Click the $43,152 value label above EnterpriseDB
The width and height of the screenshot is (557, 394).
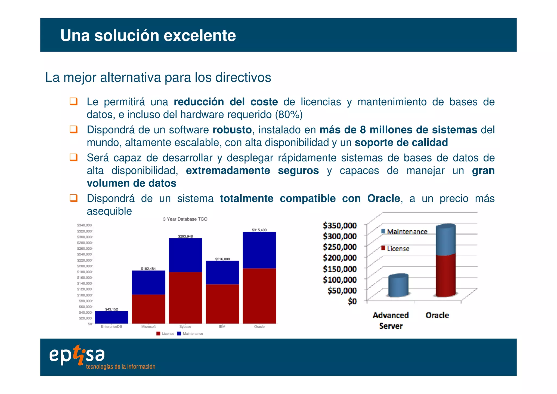[x=112, y=309]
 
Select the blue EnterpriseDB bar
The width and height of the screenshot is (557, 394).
[x=112, y=317]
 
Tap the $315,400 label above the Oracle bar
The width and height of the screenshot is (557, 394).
[x=259, y=230]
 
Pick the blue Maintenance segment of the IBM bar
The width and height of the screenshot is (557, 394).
[x=222, y=273]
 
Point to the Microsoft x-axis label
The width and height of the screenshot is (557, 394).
[x=148, y=327]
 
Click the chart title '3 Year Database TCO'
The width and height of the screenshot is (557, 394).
[x=185, y=219]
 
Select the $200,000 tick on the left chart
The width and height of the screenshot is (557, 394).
[x=84, y=266]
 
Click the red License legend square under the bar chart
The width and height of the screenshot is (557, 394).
[x=158, y=334]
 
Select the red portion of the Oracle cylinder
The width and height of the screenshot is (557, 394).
[x=445, y=275]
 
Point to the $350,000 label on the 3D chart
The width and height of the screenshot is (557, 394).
[x=340, y=225]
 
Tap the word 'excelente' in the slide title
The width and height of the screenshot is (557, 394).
[x=200, y=35]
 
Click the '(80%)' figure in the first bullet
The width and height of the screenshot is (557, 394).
[x=289, y=115]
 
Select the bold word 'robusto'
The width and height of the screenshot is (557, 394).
[x=232, y=130]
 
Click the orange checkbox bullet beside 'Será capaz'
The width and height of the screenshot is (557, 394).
[x=73, y=157]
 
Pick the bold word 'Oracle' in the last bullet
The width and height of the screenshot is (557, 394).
[x=383, y=198]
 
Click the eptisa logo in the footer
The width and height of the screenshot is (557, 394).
[x=77, y=355]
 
